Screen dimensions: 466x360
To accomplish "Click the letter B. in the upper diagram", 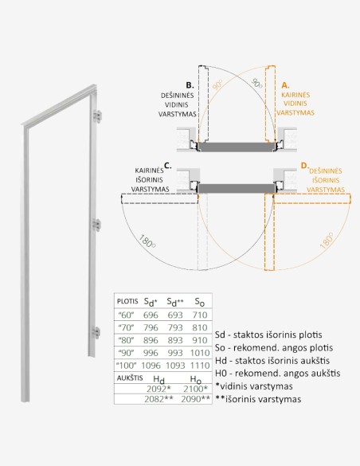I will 189,84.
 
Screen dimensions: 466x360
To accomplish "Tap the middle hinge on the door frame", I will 99,224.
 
